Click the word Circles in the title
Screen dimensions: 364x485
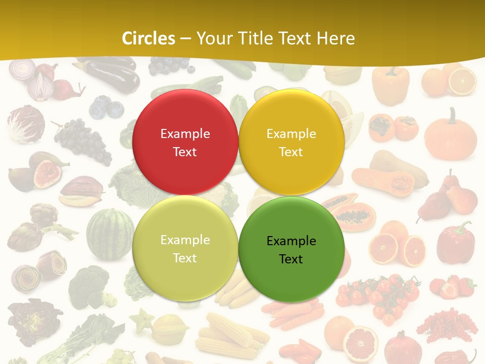(149, 38)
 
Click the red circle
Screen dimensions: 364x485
(185, 142)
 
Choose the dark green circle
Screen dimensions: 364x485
(291, 250)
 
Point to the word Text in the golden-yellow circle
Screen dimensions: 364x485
(291, 152)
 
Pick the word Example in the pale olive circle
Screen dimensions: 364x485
(185, 240)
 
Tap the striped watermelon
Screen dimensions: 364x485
(110, 234)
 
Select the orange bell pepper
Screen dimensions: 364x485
(390, 84)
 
